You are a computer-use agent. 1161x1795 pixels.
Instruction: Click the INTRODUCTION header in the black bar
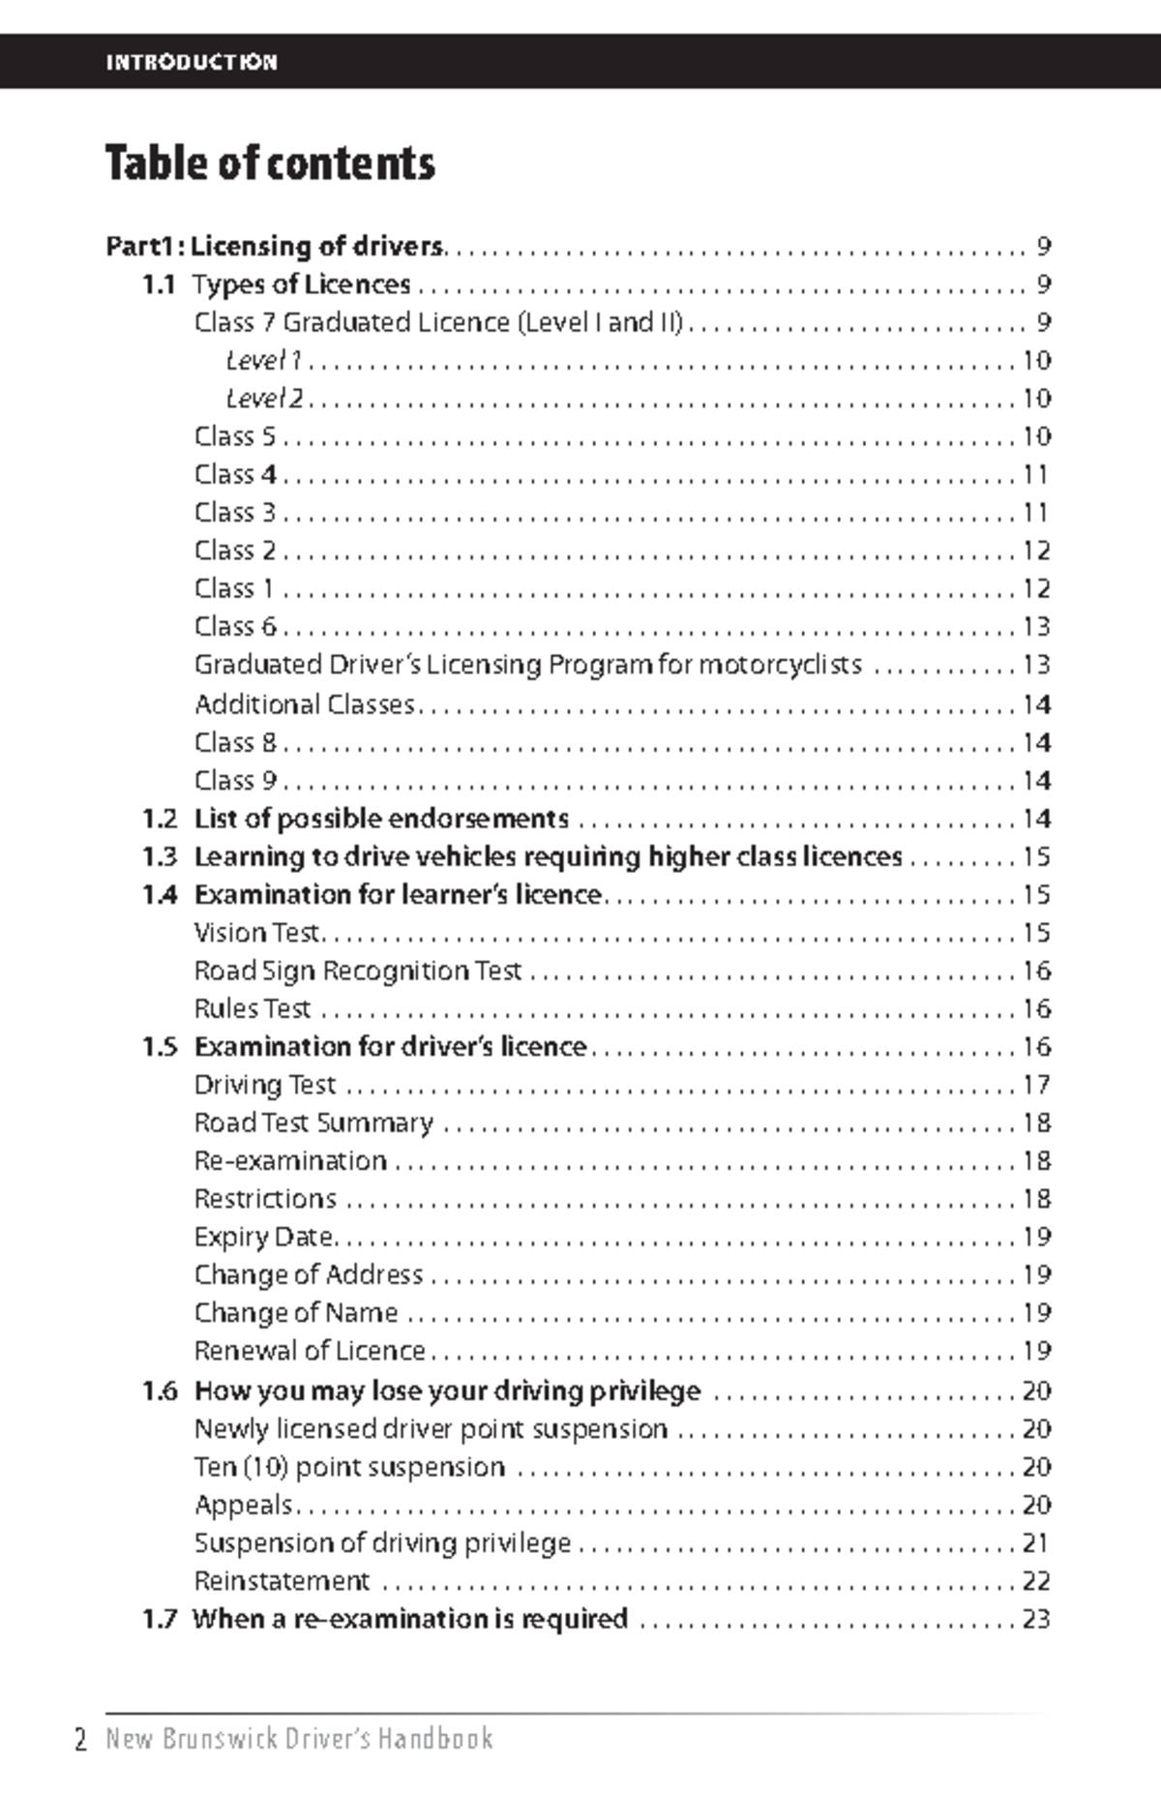pyautogui.click(x=192, y=62)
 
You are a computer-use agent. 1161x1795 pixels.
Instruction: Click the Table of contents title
pyautogui.click(x=270, y=163)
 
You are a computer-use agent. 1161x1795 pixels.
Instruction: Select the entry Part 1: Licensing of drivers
pyautogui.click(x=276, y=246)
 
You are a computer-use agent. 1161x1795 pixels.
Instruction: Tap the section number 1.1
pyautogui.click(x=159, y=284)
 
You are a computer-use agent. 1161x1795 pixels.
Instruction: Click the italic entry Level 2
pyautogui.click(x=264, y=399)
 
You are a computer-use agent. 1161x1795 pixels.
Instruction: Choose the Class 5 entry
pyautogui.click(x=235, y=436)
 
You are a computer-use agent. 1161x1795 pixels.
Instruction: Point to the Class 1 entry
pyautogui.click(x=234, y=588)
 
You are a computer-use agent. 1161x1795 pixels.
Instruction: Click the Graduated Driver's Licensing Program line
pyautogui.click(x=527, y=665)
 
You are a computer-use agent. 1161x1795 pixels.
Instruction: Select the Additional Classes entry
pyautogui.click(x=304, y=704)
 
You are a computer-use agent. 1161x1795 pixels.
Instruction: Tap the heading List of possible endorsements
pyautogui.click(x=381, y=819)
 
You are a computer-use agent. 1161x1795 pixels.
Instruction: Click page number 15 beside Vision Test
pyautogui.click(x=1036, y=933)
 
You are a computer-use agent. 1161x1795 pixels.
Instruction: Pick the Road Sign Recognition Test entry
pyautogui.click(x=357, y=971)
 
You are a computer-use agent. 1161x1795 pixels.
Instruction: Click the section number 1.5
pyautogui.click(x=160, y=1047)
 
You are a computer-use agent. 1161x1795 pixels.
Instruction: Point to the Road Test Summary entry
pyautogui.click(x=313, y=1122)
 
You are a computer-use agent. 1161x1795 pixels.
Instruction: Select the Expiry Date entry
pyautogui.click(x=264, y=1237)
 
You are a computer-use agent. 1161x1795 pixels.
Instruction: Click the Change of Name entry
pyautogui.click(x=295, y=1313)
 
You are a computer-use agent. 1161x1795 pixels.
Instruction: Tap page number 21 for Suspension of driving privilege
pyautogui.click(x=1035, y=1543)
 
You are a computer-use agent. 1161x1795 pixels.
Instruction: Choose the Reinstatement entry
pyautogui.click(x=282, y=1581)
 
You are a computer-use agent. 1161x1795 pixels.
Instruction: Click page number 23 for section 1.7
pyautogui.click(x=1036, y=1619)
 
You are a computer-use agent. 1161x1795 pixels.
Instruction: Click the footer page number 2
pyautogui.click(x=81, y=1739)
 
